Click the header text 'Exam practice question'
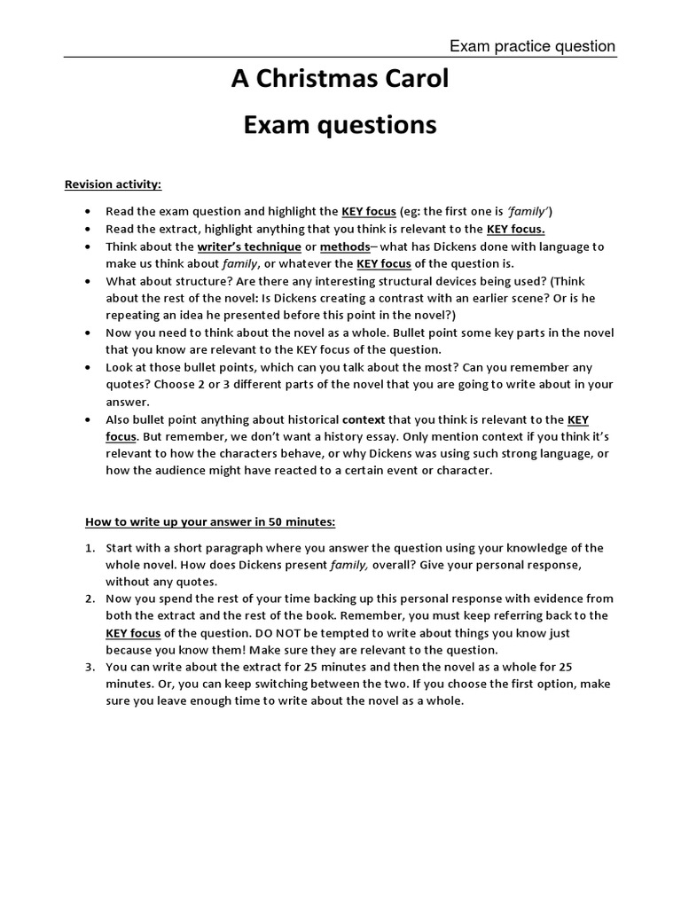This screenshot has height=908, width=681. coord(532,46)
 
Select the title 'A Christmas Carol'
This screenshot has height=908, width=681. coord(340,80)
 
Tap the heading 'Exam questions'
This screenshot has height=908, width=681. coord(340,126)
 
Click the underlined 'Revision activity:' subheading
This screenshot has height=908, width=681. coord(113,184)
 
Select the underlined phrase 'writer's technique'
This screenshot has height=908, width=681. coord(249,247)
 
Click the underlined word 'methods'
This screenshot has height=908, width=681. coord(345,247)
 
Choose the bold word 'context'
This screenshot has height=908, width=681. coord(364,419)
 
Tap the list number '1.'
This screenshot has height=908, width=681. coord(91,547)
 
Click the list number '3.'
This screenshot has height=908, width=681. coord(91,668)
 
